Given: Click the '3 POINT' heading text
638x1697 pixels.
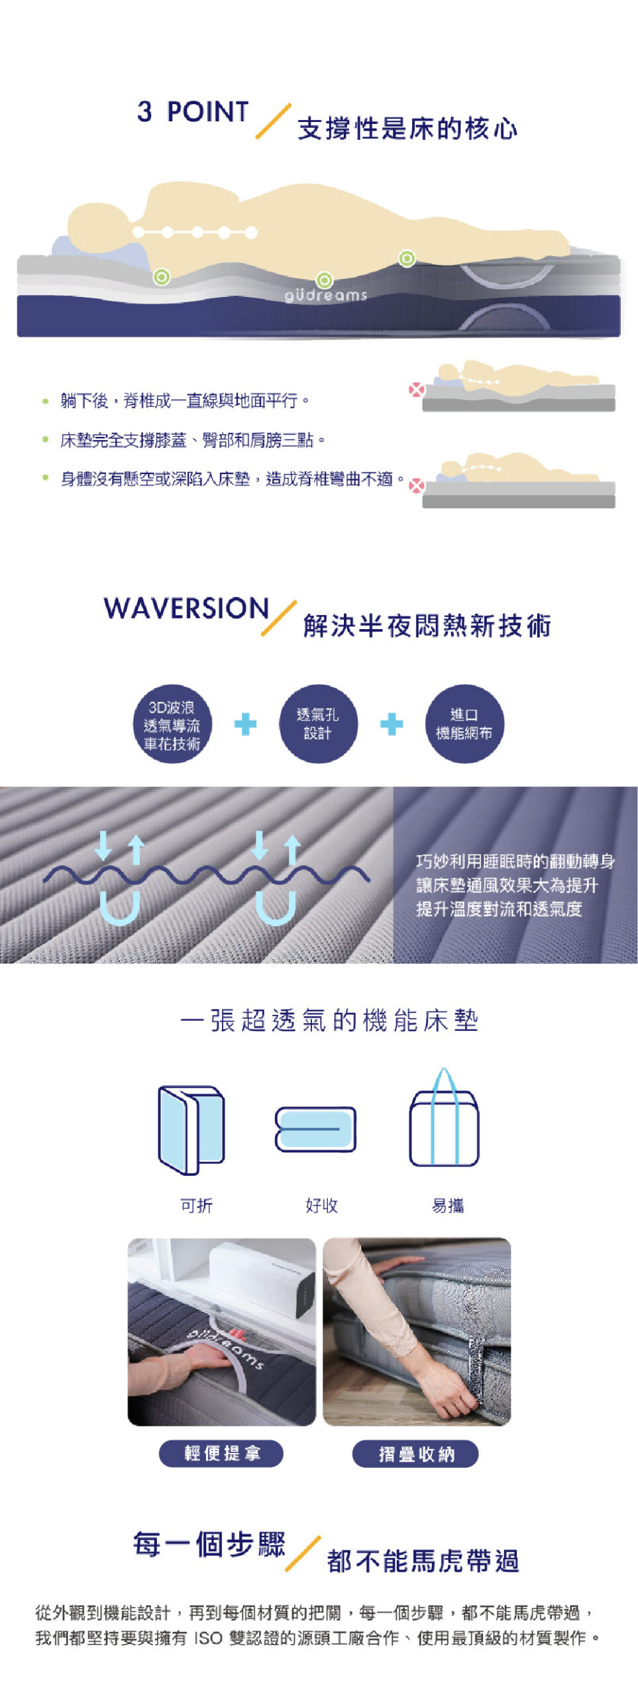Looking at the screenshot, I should [192, 111].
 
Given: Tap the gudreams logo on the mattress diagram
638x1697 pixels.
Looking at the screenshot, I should [325, 294].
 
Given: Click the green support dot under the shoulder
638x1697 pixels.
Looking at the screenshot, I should [161, 276].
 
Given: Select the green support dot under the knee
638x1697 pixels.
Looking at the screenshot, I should [407, 258].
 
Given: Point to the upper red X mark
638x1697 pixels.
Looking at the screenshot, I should [416, 389].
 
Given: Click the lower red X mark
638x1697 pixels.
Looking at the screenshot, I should [416, 486].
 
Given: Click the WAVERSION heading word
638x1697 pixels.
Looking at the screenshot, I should [186, 608].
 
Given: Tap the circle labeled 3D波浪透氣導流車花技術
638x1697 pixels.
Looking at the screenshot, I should [172, 724].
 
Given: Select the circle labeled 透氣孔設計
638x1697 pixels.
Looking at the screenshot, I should [317, 724].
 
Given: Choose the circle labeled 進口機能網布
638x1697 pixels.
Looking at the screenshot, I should [464, 724].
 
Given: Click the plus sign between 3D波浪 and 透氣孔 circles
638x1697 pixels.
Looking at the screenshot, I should [245, 724].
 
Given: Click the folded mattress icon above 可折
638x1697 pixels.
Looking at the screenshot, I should [191, 1129].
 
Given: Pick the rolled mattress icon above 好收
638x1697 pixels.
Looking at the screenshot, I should [315, 1128].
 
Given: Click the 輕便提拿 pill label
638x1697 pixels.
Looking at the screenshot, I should [221, 1454].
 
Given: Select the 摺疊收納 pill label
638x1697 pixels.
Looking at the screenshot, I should [415, 1454].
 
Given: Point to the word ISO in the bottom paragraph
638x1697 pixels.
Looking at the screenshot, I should [208, 1638].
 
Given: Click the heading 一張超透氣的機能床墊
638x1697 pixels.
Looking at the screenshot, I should [329, 1020].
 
